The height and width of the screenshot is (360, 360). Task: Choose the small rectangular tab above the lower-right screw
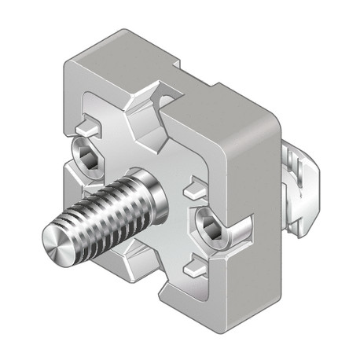point(193,189)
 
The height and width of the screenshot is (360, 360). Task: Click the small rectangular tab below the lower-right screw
point(193,268)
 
